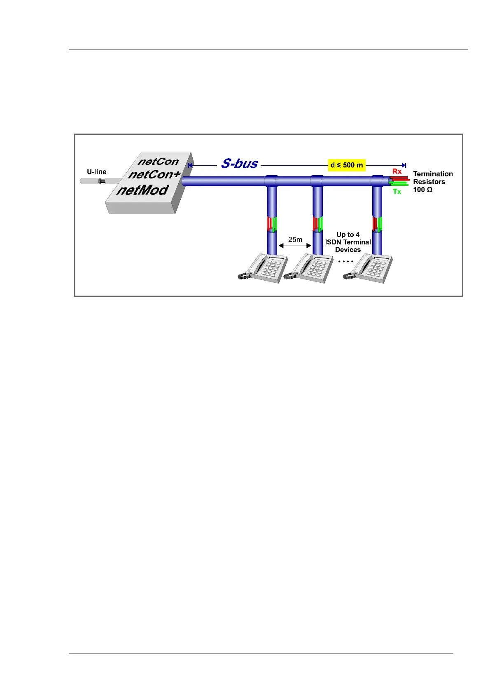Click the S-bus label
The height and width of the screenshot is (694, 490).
pyautogui.click(x=239, y=164)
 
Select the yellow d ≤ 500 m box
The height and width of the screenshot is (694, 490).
pyautogui.click(x=347, y=165)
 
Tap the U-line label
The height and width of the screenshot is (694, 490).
pyautogui.click(x=97, y=172)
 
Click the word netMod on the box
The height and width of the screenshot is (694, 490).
pyautogui.click(x=142, y=190)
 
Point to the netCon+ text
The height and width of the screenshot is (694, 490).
pyautogui.click(x=154, y=175)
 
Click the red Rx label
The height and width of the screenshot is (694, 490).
pyautogui.click(x=397, y=171)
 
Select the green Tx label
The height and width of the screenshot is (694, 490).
pyautogui.click(x=397, y=192)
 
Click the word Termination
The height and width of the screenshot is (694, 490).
pyautogui.click(x=433, y=174)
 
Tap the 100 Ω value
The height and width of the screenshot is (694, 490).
pyautogui.click(x=422, y=190)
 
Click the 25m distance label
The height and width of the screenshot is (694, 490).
pyautogui.click(x=295, y=239)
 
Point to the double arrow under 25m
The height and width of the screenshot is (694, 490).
pyautogui.click(x=295, y=246)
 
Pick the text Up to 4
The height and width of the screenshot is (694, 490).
pyautogui.click(x=348, y=234)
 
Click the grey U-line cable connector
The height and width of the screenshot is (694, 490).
pyautogui.click(x=100, y=181)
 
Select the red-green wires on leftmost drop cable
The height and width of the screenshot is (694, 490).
pyautogui.click(x=272, y=224)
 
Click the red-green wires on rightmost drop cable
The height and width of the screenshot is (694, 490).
pyautogui.click(x=378, y=224)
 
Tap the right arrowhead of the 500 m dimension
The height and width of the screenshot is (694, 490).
pyautogui.click(x=404, y=165)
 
